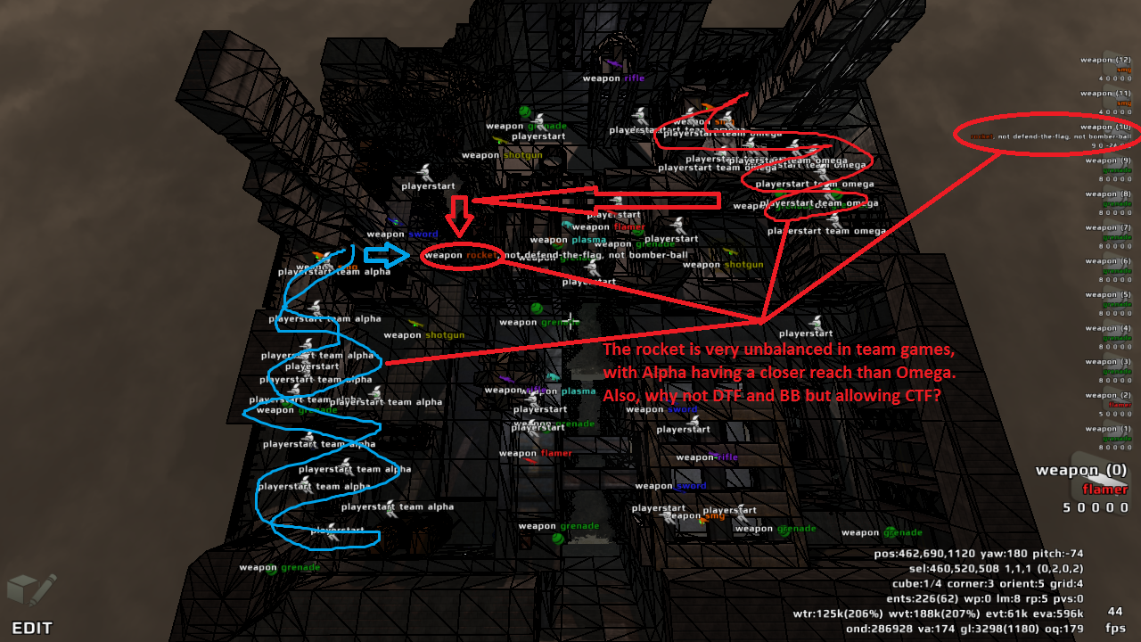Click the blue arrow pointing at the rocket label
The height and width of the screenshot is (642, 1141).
tap(386, 255)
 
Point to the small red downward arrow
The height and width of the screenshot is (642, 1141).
tap(460, 215)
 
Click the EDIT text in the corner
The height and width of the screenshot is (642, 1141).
tap(32, 627)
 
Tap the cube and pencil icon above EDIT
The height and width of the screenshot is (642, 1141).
tap(31, 589)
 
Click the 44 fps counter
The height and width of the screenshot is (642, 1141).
tap(1114, 612)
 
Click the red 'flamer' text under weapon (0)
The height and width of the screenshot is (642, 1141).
tap(1104, 489)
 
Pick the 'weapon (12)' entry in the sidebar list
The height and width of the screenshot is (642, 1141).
tap(1105, 60)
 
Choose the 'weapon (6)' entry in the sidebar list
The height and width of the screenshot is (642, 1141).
tap(1105, 261)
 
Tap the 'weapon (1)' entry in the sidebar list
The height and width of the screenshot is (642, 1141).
tap(1105, 429)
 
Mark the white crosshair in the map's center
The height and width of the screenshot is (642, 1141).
tap(570, 321)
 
